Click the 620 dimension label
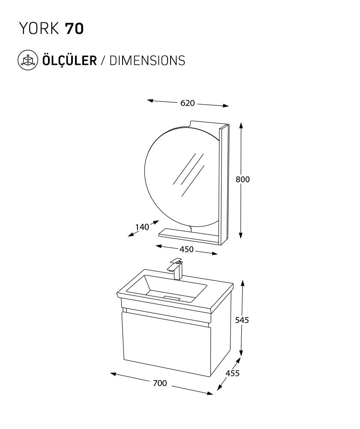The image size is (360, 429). [188, 103]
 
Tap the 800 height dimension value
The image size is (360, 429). [243, 179]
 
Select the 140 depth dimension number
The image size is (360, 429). [142, 227]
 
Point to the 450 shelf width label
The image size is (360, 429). [186, 250]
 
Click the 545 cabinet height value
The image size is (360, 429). [242, 320]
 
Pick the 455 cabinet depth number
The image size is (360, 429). [233, 373]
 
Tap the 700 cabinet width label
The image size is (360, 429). [160, 383]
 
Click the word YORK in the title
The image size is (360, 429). [39, 28]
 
